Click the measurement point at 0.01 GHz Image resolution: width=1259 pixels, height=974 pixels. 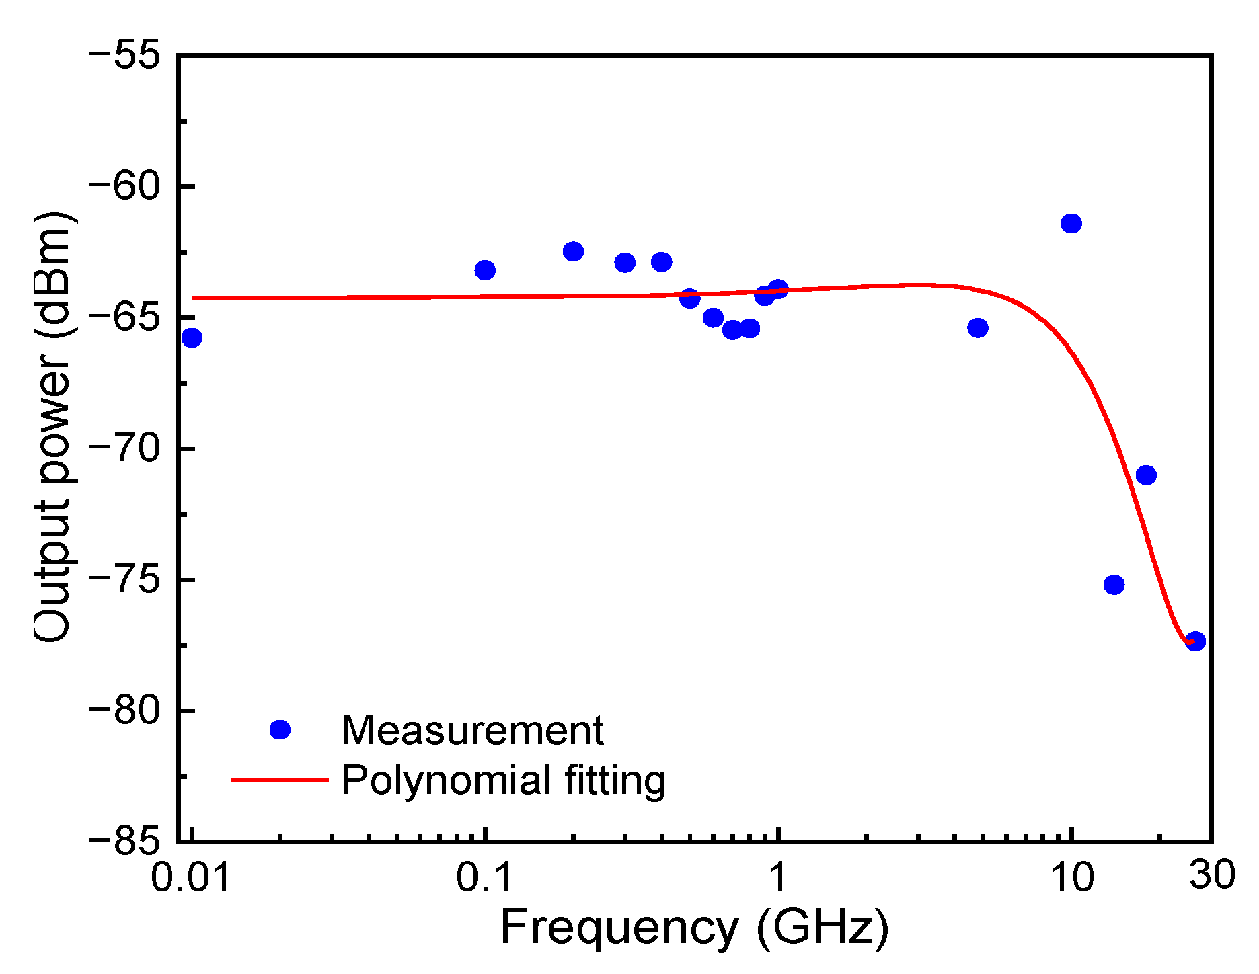click(192, 337)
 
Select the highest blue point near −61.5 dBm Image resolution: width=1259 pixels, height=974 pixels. click(1071, 223)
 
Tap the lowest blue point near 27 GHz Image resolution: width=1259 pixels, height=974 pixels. click(1195, 641)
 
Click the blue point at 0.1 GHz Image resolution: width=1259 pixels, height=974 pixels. click(485, 270)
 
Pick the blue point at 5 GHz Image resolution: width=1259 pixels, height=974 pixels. click(978, 328)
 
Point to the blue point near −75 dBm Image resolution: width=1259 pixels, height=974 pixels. click(1114, 585)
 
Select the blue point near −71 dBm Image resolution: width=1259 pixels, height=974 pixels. click(1146, 475)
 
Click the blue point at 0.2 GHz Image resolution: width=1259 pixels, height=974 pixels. click(573, 251)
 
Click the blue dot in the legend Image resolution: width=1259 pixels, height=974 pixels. click(279, 729)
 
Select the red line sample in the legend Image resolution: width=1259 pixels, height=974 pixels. click(279, 780)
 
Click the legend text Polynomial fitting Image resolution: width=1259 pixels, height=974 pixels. click(503, 780)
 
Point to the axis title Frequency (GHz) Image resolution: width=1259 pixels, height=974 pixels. click(694, 928)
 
